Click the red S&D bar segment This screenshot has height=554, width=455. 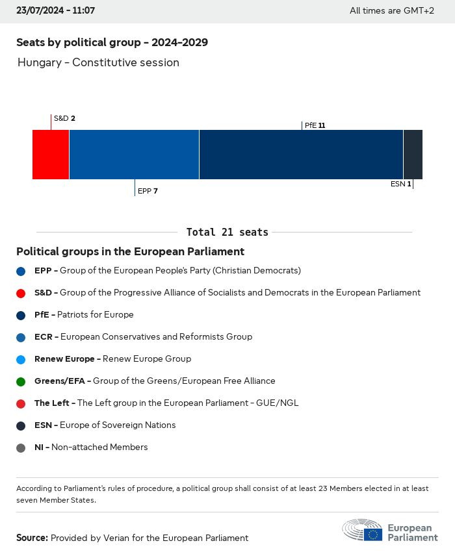point(51,155)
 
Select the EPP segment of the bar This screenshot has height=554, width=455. point(134,155)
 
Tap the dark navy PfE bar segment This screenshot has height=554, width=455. point(301,155)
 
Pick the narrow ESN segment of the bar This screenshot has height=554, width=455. point(413,155)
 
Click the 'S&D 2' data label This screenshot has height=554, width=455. point(64,118)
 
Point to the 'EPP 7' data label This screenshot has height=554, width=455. point(148,191)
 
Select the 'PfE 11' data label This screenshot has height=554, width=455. point(315,125)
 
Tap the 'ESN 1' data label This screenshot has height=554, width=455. point(400,184)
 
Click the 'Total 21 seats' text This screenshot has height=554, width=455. point(227,232)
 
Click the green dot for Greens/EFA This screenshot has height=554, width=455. point(21,381)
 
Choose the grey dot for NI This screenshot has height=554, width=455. point(21,447)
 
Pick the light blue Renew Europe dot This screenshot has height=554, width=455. point(21,359)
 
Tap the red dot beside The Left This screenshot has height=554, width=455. point(21,403)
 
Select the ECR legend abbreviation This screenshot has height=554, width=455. point(44,337)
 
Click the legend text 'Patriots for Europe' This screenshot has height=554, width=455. point(96,315)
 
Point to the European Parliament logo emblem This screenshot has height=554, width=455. point(363,530)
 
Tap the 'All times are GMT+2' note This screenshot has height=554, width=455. point(391,11)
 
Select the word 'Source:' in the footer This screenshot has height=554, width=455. point(32,538)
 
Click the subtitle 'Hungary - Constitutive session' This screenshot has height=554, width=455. point(98,63)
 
